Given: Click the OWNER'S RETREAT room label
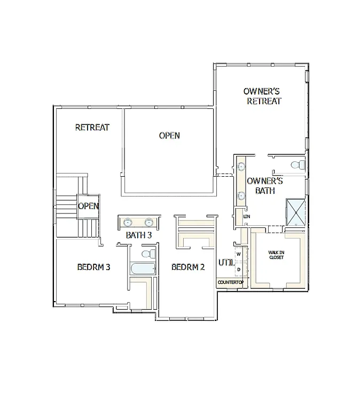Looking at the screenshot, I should coord(262,96).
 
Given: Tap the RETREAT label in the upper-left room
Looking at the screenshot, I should coord(92,128).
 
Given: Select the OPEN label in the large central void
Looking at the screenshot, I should coord(169,136).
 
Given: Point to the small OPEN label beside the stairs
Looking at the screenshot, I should coord(88,206).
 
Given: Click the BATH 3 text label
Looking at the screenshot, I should coord(139,235).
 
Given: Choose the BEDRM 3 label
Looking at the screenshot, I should coord(93,267).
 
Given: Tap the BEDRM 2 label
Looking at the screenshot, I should coord(188,267).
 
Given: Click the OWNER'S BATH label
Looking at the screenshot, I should coord(264,186).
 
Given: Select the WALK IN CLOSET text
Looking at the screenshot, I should coord(276,255).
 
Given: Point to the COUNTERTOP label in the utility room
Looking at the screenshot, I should coord(230,282).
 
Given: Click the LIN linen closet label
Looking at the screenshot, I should coord(247,217).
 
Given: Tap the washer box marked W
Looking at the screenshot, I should coord(239,254).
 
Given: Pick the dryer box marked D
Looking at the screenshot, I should coord(239,269).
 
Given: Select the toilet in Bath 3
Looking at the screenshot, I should coord(150,253).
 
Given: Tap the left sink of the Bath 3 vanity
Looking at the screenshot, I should coord(129,222).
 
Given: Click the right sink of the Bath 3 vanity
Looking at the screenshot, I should coord(149,222).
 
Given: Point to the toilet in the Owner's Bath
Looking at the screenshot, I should coord(299,165).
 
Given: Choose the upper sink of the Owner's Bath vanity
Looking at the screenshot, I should coord(241,166).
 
